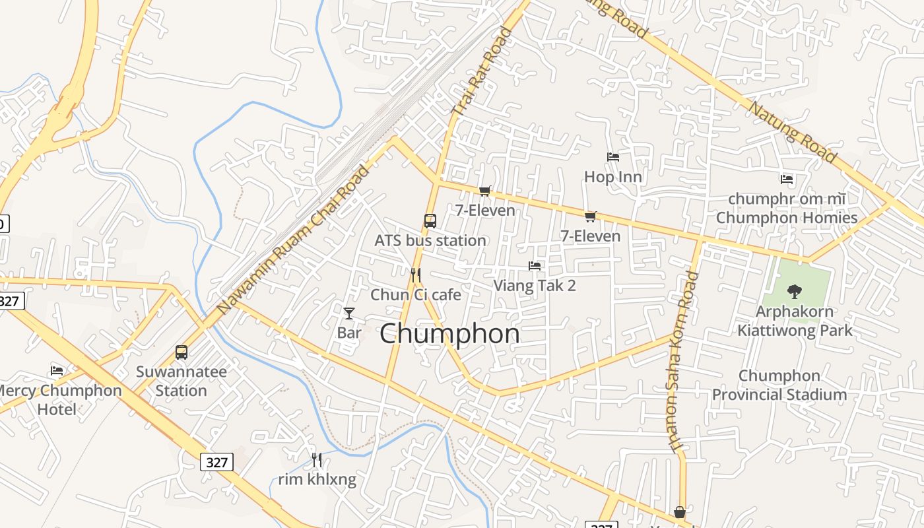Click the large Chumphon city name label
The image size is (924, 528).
point(449,334)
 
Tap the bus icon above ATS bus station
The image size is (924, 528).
point(430,220)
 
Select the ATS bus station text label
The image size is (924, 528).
point(430,241)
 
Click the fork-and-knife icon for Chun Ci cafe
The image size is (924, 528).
point(415,275)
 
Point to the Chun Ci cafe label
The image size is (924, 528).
point(416,294)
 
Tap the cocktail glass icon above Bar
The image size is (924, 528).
point(349,313)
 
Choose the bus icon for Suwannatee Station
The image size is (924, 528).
point(181,352)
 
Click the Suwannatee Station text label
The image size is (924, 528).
point(181,381)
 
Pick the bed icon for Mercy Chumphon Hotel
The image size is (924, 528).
point(57,371)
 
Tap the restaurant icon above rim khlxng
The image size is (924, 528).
point(317,459)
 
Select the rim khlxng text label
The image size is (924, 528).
point(317,480)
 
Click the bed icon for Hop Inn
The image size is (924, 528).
point(613,157)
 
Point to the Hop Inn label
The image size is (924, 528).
point(613,177)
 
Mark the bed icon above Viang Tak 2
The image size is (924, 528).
point(535,266)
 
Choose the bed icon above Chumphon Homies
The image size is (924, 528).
point(786,179)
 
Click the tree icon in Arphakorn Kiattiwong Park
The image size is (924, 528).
point(795,290)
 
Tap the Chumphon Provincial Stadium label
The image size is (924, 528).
point(779,385)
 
